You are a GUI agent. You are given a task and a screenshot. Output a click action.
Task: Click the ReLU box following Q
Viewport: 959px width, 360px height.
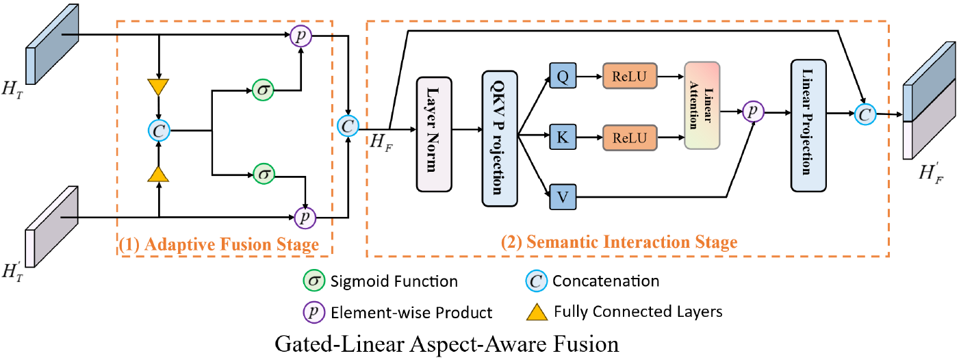pos(629,79)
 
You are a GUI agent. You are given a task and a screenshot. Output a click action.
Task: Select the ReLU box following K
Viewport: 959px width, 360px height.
pos(629,138)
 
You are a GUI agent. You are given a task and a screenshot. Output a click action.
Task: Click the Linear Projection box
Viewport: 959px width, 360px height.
pos(808,125)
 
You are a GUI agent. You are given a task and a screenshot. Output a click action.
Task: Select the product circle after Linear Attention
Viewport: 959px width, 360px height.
pos(754,110)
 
